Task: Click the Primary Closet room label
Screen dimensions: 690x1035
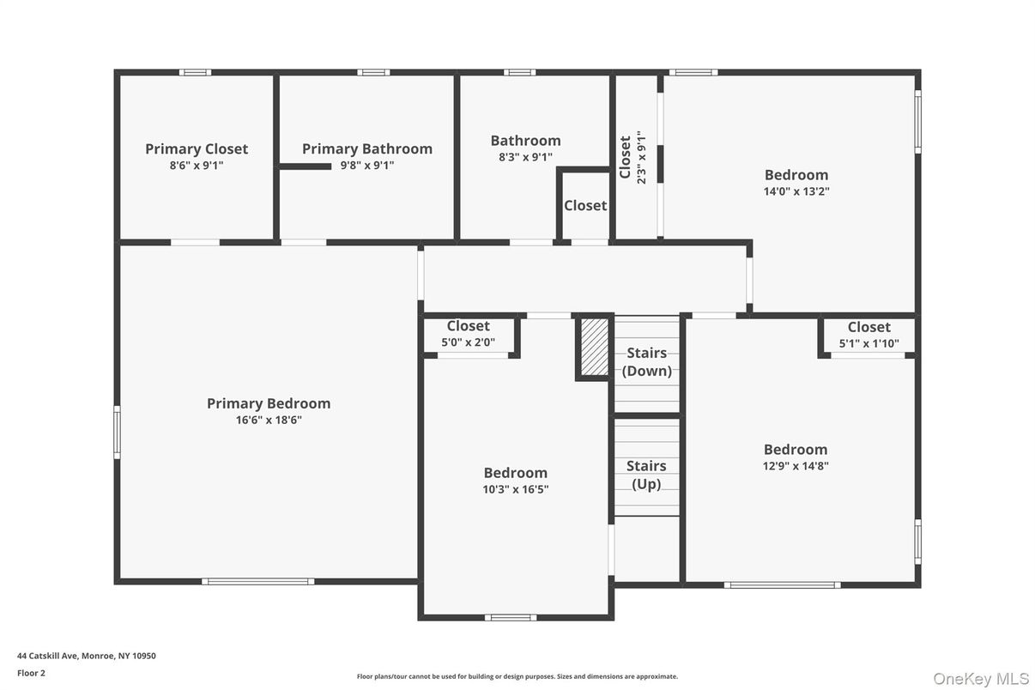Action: click(197, 148)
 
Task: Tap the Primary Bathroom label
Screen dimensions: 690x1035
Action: click(366, 148)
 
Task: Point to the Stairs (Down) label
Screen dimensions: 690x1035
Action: click(646, 361)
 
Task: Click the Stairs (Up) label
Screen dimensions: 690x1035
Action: click(646, 475)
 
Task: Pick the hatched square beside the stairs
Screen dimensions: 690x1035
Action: click(593, 346)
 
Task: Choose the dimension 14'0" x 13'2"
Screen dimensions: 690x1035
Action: click(796, 191)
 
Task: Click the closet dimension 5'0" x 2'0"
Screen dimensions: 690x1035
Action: click(468, 342)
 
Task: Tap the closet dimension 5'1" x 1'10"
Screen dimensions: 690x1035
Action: click(869, 343)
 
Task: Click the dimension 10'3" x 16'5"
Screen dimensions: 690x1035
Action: click(515, 489)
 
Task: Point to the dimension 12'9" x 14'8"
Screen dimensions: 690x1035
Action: click(796, 466)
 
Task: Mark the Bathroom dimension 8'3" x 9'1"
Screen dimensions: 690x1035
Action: click(525, 157)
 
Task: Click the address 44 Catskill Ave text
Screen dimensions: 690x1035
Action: click(87, 656)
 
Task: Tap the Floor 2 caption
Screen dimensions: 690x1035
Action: click(31, 673)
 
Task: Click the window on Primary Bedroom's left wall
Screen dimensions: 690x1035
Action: click(117, 432)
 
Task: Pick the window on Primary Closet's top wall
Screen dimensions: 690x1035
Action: click(195, 72)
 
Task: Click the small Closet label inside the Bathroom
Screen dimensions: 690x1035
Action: click(584, 206)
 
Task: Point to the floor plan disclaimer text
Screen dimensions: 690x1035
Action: click(517, 676)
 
